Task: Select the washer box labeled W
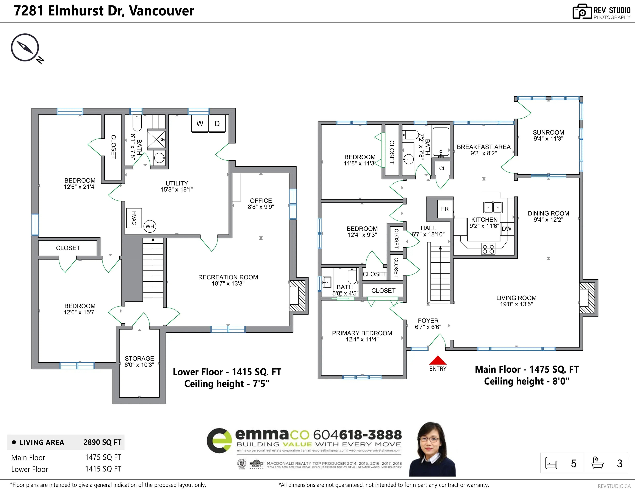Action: click(x=200, y=124)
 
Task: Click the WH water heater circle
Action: click(x=150, y=226)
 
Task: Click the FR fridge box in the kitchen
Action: click(x=445, y=209)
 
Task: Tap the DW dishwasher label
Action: click(x=507, y=229)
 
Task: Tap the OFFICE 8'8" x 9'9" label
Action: click(x=261, y=203)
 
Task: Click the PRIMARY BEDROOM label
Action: click(x=362, y=336)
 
